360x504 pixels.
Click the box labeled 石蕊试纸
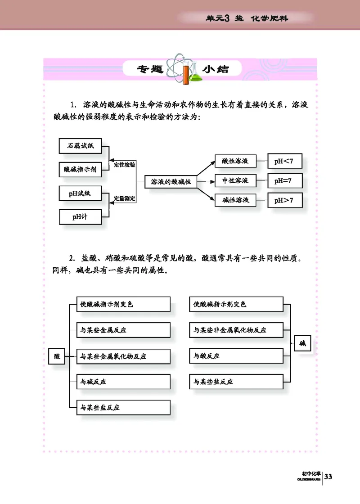pos(80,146)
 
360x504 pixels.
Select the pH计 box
pos(80,216)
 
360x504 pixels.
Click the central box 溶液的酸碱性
pos(171,181)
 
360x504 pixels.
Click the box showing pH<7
pos(284,161)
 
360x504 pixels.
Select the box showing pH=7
pos(284,181)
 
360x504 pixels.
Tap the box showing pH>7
pos(284,201)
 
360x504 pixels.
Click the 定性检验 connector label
pos(125,165)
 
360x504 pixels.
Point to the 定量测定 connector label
pos(125,198)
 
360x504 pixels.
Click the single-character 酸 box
pos(57,356)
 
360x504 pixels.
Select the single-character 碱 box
pos(302,344)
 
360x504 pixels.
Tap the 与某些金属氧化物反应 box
pos(123,356)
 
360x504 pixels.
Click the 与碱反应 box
pos(123,382)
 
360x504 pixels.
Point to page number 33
pos(328,477)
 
